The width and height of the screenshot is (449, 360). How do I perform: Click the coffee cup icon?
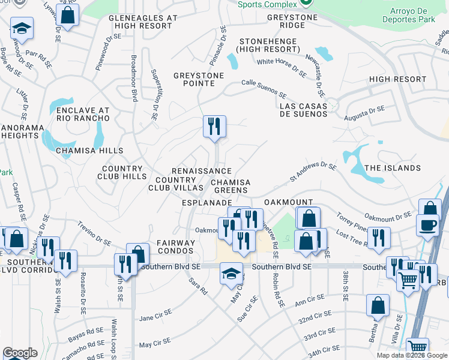pyautogui.click(x=427, y=225)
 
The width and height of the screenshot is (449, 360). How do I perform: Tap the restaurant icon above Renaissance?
pyautogui.click(x=214, y=127)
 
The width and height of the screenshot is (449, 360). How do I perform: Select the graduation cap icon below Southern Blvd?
pyautogui.click(x=231, y=274)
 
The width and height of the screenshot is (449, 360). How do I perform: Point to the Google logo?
pyautogui.click(x=20, y=353)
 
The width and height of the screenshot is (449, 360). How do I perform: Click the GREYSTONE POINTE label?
pyautogui.click(x=198, y=79)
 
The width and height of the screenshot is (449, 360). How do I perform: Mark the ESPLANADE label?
pyautogui.click(x=206, y=203)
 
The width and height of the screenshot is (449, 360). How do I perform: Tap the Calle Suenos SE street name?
pyautogui.click(x=264, y=88)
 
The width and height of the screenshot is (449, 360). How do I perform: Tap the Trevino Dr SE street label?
pyautogui.click(x=94, y=234)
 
